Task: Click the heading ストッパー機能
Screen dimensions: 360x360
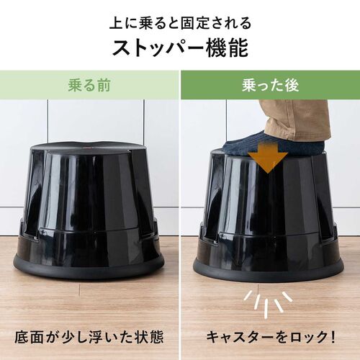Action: click(x=179, y=48)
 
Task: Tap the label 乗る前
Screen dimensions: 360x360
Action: click(x=90, y=85)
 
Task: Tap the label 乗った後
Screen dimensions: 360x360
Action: click(x=269, y=85)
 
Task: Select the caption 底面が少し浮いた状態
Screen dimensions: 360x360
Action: click(x=90, y=336)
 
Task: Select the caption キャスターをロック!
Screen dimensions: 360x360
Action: click(x=269, y=336)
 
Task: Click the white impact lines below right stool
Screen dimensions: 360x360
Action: click(x=268, y=302)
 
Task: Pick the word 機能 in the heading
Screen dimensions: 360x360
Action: click(x=229, y=48)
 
